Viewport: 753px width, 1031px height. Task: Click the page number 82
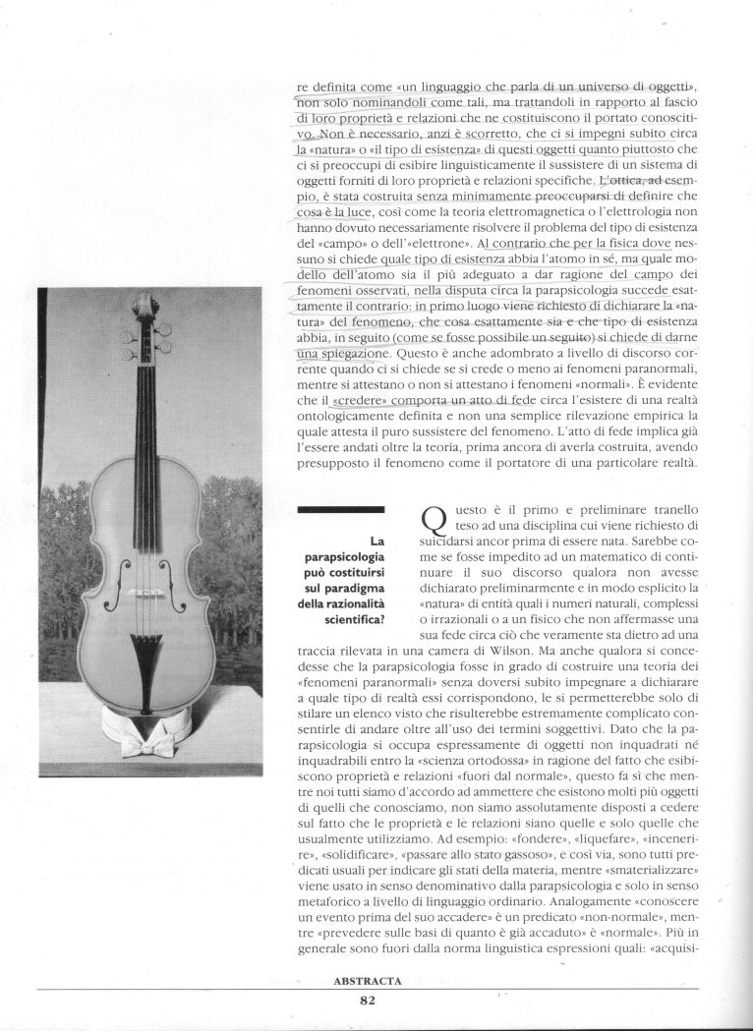click(369, 1002)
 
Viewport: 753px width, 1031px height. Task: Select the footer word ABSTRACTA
click(369, 980)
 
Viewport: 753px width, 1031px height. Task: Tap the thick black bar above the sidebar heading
click(339, 508)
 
